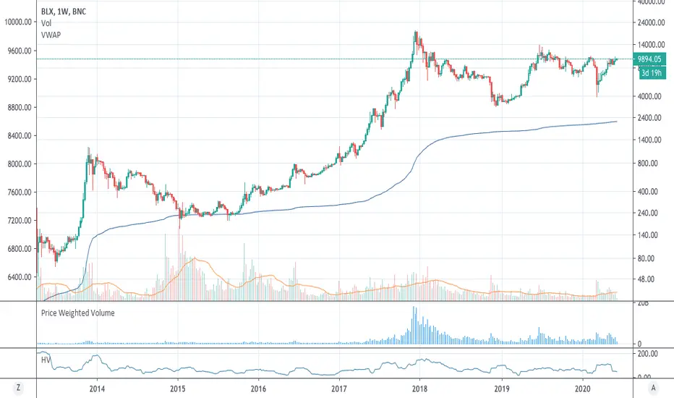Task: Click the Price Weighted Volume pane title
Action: pyautogui.click(x=78, y=313)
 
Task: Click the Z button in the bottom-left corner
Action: pyautogui.click(x=17, y=387)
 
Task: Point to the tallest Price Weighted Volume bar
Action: pyautogui.click(x=414, y=325)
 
